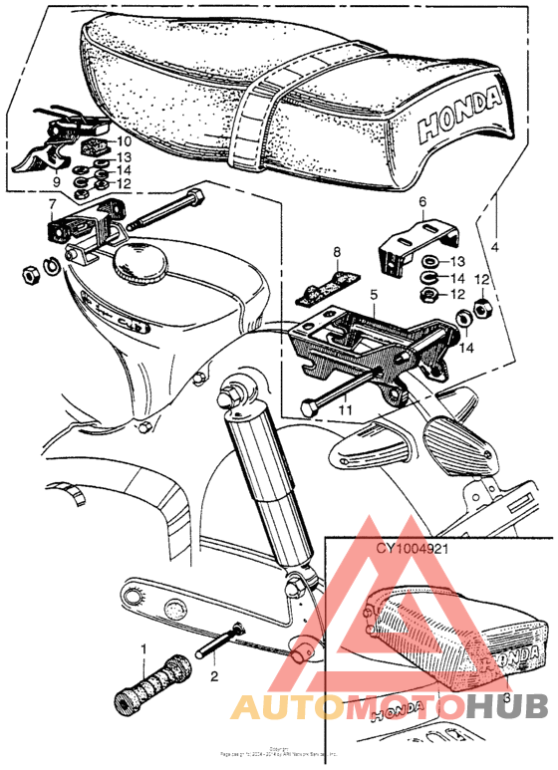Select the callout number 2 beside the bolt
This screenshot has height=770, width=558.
tap(213, 674)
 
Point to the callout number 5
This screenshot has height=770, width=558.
tap(374, 296)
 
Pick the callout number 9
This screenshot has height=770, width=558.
tap(57, 183)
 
